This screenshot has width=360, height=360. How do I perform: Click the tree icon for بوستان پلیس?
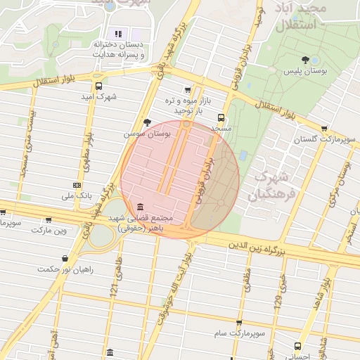[x=304, y=60]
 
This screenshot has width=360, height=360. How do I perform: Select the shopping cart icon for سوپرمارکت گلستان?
[x=323, y=129]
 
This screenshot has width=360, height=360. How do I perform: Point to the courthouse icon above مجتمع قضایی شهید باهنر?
[x=141, y=207]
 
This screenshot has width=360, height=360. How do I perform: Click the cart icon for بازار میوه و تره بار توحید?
[x=187, y=90]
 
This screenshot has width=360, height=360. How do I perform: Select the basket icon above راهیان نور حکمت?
[x=65, y=258]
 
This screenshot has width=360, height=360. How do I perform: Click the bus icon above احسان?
[x=297, y=346]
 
